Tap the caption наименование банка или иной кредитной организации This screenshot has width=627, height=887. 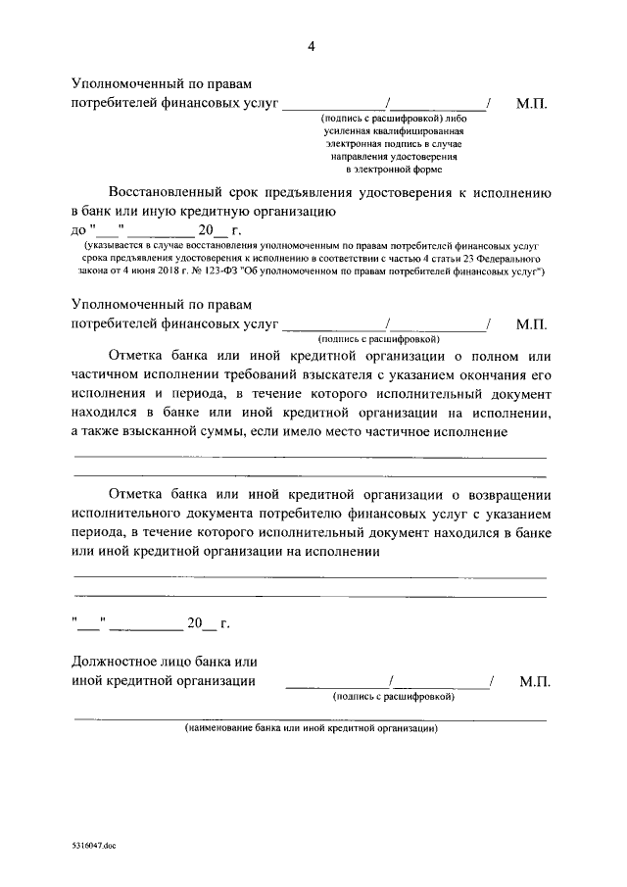click(312, 728)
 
